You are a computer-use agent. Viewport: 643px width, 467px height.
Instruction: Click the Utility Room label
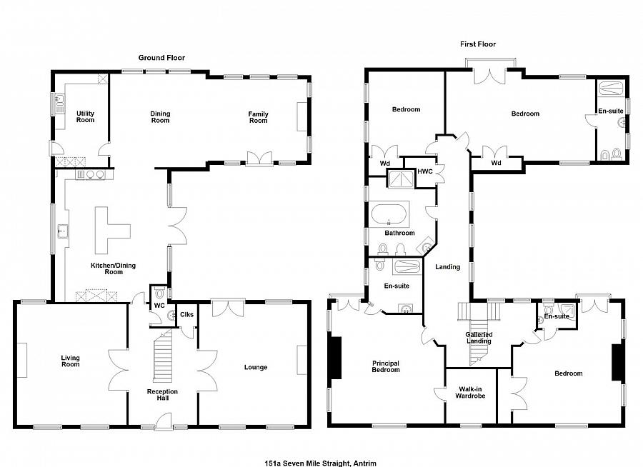tap(85, 116)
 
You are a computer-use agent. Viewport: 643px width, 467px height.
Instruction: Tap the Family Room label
tap(259, 117)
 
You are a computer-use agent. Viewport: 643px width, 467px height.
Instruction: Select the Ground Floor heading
tap(161, 58)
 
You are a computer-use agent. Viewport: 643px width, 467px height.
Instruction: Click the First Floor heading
tap(478, 44)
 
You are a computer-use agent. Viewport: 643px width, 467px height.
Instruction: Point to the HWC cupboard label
tap(425, 171)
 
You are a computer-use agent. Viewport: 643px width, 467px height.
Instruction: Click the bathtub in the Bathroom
tap(389, 214)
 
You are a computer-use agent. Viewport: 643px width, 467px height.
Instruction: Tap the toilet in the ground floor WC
tap(159, 293)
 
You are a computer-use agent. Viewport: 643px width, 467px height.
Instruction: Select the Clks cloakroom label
tap(186, 314)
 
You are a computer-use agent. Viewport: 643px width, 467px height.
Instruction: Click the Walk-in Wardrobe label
tap(470, 392)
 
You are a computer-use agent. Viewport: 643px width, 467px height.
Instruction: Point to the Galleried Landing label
tap(479, 338)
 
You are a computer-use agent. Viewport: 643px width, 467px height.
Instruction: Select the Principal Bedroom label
tap(386, 366)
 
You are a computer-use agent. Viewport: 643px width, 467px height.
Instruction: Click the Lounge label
tap(256, 367)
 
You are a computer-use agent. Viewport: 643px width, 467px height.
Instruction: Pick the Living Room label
tap(71, 361)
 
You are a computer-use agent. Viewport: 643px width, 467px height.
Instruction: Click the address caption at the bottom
tap(320, 463)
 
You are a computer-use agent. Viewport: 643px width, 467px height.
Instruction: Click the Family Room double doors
tap(259, 159)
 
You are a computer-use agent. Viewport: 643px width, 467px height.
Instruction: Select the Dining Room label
tap(160, 117)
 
